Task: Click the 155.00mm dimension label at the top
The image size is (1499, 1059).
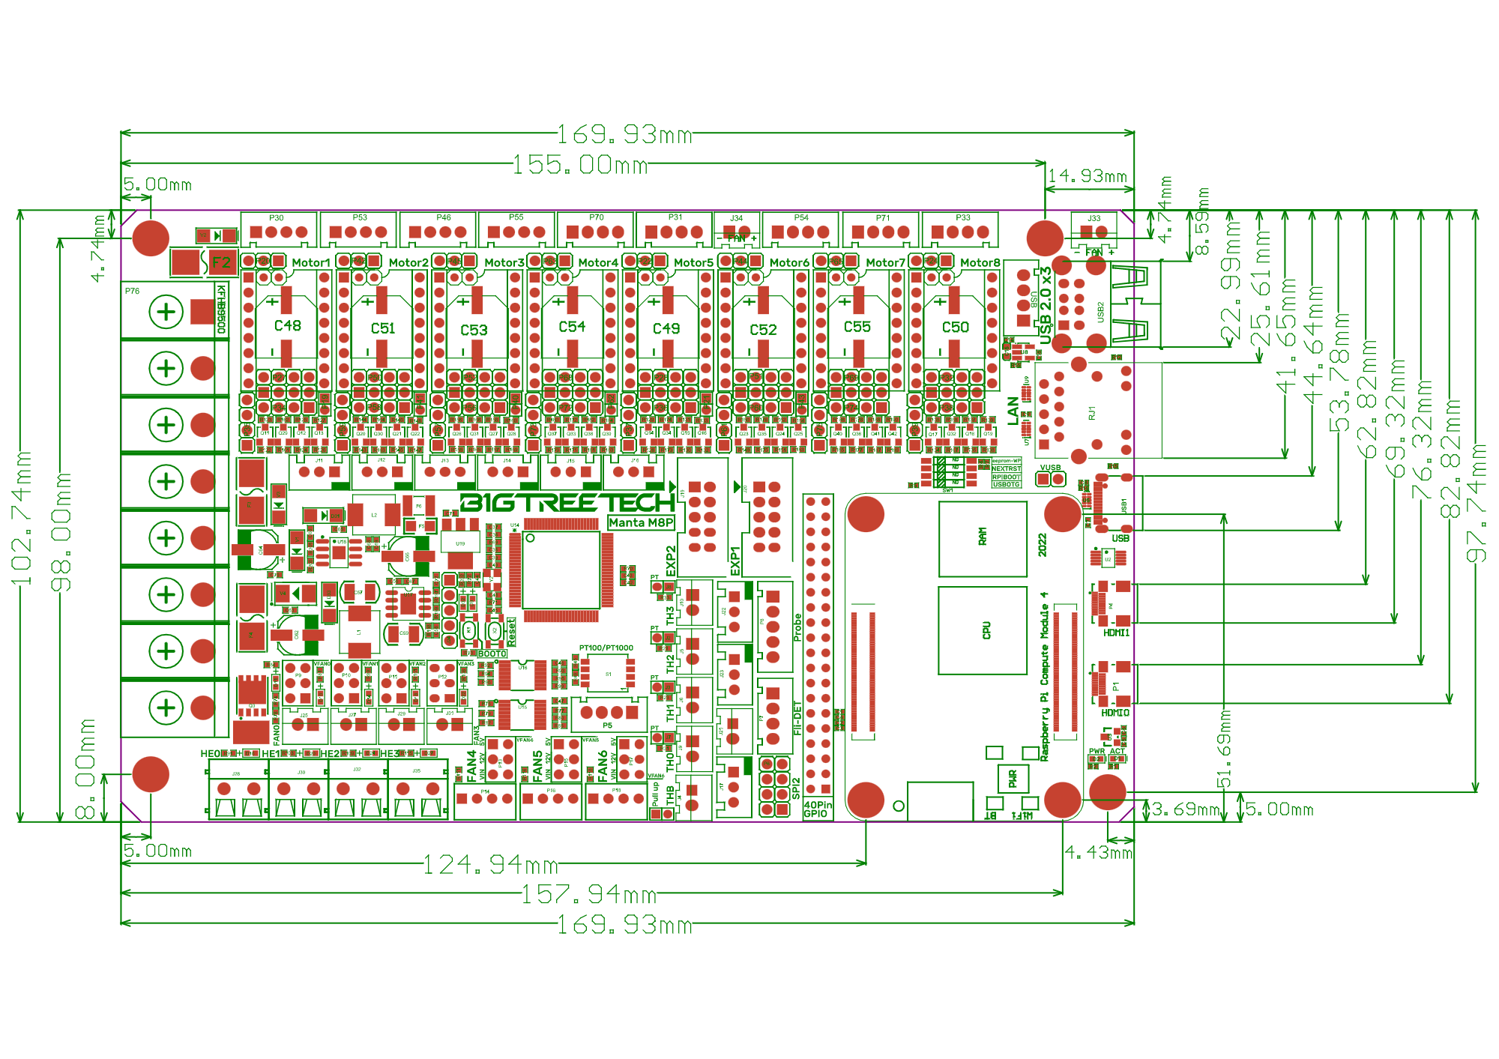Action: coord(580,164)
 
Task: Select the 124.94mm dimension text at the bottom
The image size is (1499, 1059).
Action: coord(490,865)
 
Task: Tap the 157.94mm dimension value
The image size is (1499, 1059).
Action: coord(588,894)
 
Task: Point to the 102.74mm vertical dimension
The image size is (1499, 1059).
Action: coord(21,517)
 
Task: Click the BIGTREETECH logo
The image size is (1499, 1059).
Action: coord(567,502)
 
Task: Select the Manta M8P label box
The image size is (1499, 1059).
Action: coord(641,522)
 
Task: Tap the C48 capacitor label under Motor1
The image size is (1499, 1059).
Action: coord(287,326)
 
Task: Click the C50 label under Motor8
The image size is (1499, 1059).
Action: coord(955,328)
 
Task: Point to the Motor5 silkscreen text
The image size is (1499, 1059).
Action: coord(693,263)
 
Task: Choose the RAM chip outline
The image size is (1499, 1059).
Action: coord(983,537)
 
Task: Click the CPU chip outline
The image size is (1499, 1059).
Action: coord(983,630)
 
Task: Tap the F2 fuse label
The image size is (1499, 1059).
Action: coord(222,262)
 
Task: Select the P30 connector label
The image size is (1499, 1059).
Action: coord(277,218)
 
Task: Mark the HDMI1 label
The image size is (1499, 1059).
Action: coord(1116,633)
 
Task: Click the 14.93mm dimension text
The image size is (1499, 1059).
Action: coord(1087,176)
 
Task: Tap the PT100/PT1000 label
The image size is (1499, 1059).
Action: coord(606,648)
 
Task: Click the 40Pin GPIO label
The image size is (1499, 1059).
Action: coord(817,809)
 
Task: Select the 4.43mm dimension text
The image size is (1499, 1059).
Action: coord(1098,853)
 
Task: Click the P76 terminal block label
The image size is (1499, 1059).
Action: coord(133,291)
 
